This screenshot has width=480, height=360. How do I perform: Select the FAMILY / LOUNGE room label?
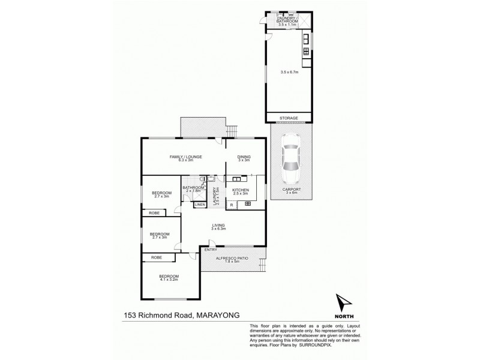coord(185,157)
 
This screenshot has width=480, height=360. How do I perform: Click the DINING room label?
coord(244,157)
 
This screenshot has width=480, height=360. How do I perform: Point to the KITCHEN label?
coord(241,190)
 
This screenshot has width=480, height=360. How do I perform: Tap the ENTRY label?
coord(210,249)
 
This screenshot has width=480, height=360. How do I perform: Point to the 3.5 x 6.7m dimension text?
coord(289,73)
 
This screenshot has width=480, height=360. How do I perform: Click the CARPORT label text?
coord(291,189)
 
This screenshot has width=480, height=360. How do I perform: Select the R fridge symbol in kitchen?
coord(232,205)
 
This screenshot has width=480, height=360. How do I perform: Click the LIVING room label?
coord(217,225)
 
